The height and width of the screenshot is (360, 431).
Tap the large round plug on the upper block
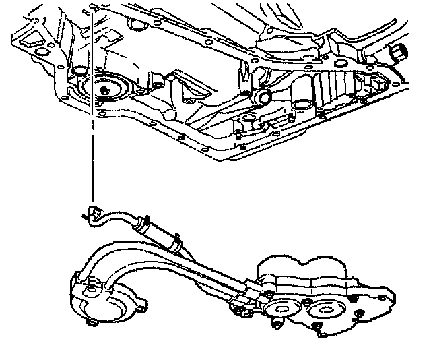[106, 89]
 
